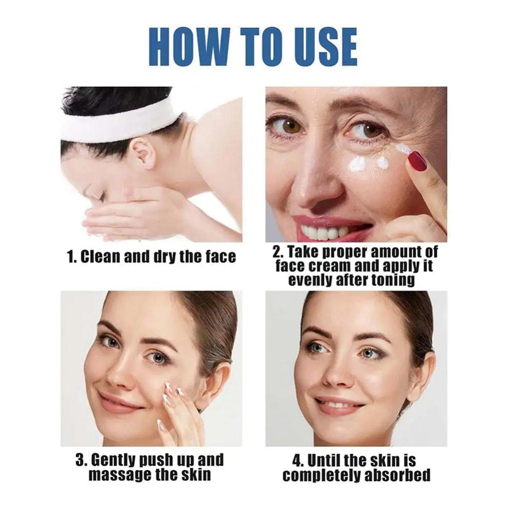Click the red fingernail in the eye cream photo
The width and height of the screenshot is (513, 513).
(x=417, y=161)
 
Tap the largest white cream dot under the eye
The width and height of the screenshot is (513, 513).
(x=357, y=164)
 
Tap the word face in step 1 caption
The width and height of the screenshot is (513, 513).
(x=218, y=257)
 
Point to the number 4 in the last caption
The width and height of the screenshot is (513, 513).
(x=297, y=460)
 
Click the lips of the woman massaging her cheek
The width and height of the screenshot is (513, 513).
(x=116, y=402)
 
